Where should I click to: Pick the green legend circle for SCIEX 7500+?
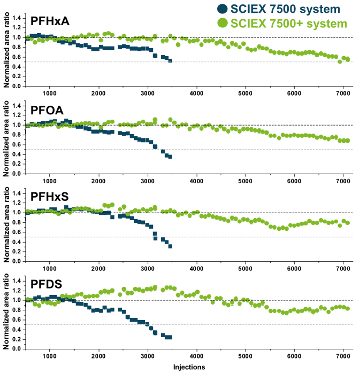coord(221,23)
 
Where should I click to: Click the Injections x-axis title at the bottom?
coord(189,368)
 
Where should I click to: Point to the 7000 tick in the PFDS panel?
coord(342,356)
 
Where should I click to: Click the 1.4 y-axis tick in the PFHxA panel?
coord(16,18)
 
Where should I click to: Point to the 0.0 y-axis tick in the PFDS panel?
coord(16,349)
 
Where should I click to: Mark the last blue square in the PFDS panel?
coord(170,337)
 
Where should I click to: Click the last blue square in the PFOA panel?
coord(170,157)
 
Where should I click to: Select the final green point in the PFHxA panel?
coord(347,59)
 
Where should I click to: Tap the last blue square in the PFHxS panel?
coord(170,246)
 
